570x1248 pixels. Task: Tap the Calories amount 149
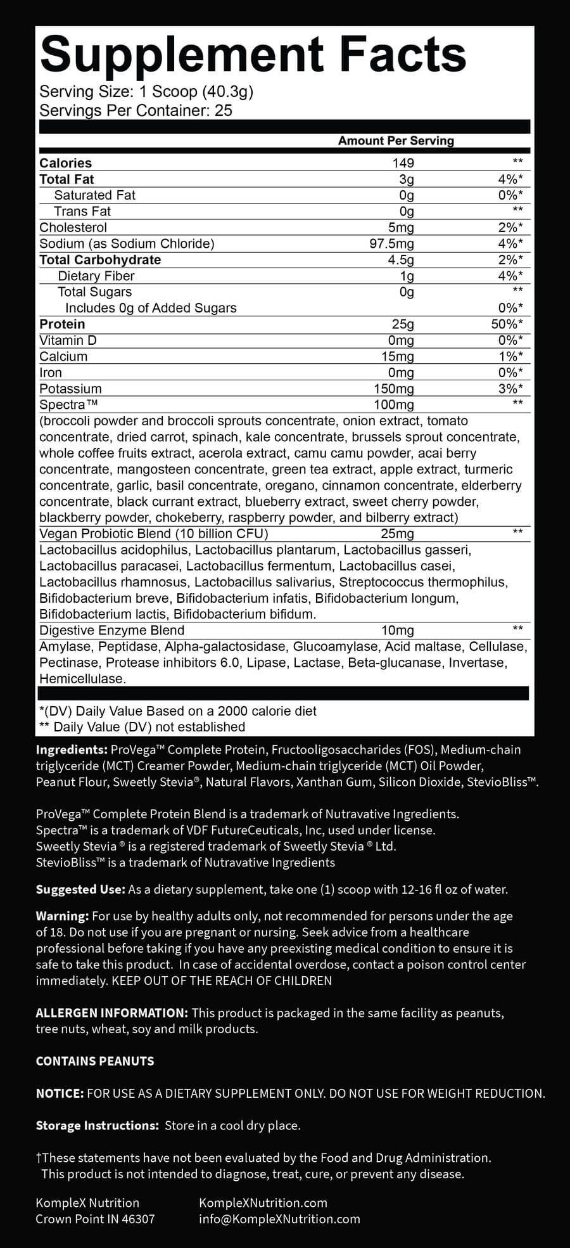coord(403,163)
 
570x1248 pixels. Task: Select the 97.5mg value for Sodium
coord(391,243)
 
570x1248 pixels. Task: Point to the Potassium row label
coord(70,389)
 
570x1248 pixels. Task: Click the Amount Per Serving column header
coord(396,141)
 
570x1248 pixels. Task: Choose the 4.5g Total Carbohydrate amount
coord(400,260)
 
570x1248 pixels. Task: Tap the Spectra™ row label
coord(68,404)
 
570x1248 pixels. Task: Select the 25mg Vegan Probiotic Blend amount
coord(397,534)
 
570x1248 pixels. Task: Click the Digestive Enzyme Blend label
coord(112,630)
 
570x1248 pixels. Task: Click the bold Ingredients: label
coord(72,749)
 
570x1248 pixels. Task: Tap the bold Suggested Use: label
coord(80,889)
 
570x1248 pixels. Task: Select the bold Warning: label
coord(62,916)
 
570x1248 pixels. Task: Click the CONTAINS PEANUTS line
coord(95,1061)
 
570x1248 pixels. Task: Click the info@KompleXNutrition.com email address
coord(279,1219)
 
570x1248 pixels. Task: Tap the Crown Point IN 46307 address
coord(95,1219)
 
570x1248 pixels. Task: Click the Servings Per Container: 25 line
coord(136,110)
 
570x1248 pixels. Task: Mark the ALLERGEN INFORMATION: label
coord(112,1013)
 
